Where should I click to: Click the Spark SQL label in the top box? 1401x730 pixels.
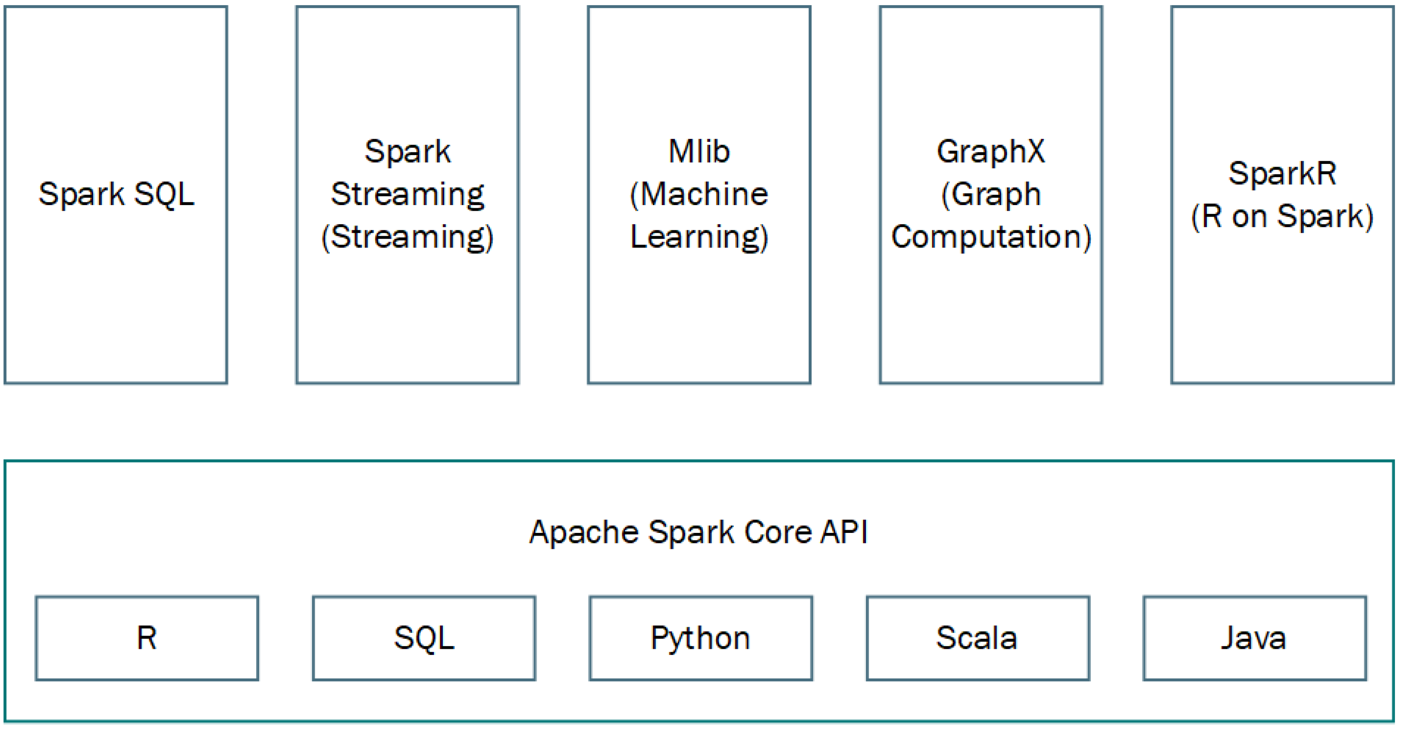pos(116,194)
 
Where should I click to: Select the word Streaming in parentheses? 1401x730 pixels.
pos(407,237)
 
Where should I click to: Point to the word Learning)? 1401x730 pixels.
pos(699,237)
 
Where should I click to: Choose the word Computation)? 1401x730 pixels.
pos(990,237)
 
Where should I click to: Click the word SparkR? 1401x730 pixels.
pos(1282,174)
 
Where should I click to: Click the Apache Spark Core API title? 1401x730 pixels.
pos(699,532)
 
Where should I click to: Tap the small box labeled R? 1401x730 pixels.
pos(147,638)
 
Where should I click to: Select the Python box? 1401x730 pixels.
pos(700,638)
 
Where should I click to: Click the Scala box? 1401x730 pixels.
pos(977,638)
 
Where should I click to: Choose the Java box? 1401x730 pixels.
pos(1254,638)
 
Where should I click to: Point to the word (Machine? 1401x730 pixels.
pos(699,194)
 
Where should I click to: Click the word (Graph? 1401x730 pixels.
pos(990,194)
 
